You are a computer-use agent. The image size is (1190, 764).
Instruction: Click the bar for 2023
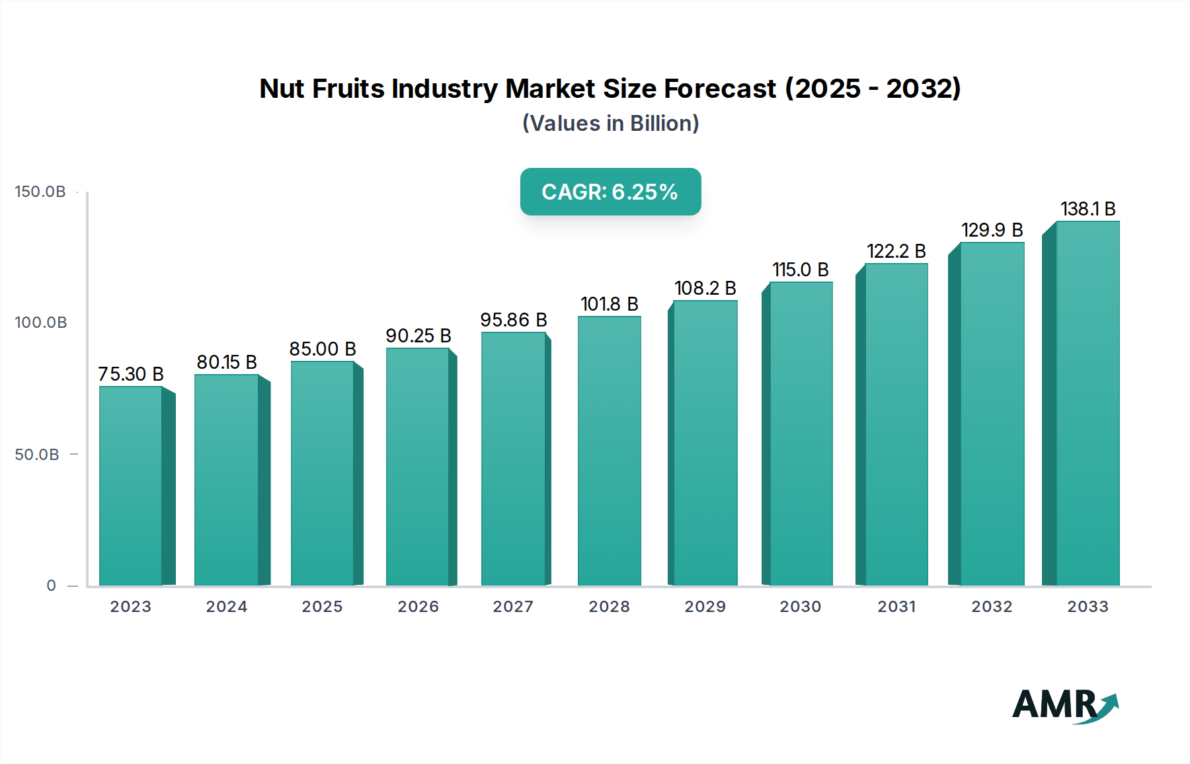coord(131,486)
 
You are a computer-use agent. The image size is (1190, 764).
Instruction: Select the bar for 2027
coord(513,459)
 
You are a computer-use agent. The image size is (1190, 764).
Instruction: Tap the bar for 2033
coord(1088,403)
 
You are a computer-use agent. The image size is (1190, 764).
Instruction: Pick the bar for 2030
coord(801,434)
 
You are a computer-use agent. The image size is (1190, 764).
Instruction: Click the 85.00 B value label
coord(323,349)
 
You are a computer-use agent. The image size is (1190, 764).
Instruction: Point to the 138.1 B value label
coord(1088,209)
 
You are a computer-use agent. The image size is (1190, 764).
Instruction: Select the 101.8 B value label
coord(609,304)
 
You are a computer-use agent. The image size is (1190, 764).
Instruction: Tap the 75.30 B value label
coord(131,374)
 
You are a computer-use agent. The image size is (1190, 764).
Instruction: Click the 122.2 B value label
coord(896,251)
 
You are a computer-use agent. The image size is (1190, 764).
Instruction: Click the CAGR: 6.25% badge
coord(610,192)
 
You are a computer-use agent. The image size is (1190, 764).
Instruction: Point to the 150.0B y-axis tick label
coord(40,192)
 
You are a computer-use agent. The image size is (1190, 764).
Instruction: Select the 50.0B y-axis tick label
coord(37,455)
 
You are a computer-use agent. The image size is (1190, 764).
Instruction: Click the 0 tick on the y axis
coord(52,586)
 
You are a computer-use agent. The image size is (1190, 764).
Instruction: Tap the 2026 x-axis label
coord(418,607)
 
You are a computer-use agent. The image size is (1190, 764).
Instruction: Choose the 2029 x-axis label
coord(705,607)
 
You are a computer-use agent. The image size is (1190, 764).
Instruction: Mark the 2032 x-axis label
coord(992,607)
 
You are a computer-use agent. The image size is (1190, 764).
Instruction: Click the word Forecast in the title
coord(720,89)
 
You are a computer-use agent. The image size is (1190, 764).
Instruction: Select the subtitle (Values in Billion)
coord(610,124)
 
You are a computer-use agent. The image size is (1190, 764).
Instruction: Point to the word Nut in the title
coord(282,89)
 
